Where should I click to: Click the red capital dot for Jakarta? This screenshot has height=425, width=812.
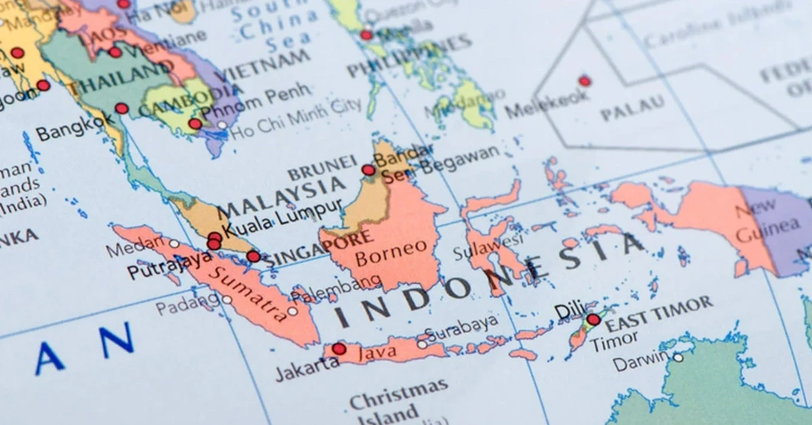coord(339,349)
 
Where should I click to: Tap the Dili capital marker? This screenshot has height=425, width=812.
coord(594,320)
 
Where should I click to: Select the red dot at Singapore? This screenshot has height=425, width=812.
coord(253,256)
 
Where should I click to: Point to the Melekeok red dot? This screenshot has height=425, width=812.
coord(584,81)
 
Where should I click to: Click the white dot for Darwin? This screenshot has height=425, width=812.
coord(678,358)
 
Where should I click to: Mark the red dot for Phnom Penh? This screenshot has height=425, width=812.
coord(195,123)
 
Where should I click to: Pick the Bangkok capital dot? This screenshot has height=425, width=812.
coord(122,108)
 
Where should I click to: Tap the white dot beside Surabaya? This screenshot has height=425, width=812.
coord(422,344)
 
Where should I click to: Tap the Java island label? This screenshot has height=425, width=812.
coord(377,353)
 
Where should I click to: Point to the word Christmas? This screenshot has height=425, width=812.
coord(398,394)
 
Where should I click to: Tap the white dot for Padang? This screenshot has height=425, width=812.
coord(227,299)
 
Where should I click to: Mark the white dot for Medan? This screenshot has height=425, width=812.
coord(174,244)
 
